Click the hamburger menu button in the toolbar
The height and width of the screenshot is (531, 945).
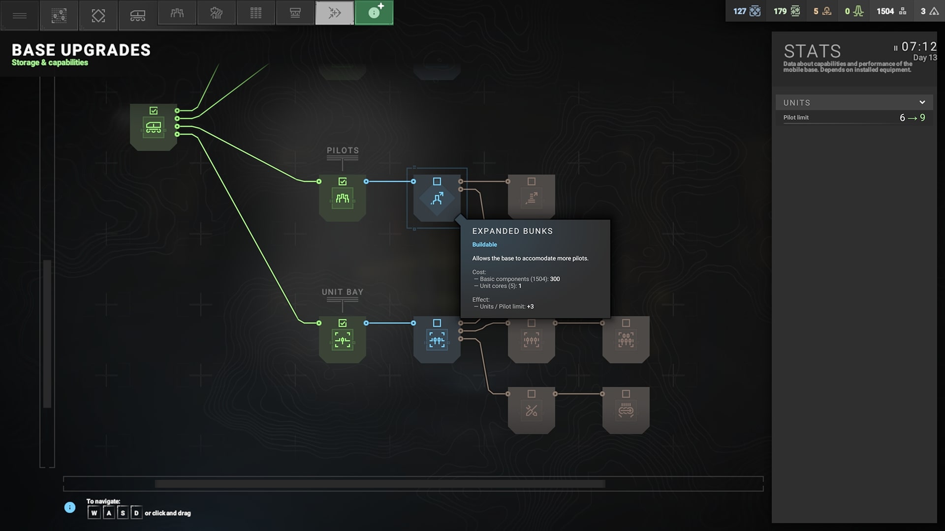[20, 15]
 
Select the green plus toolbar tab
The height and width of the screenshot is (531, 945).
[374, 12]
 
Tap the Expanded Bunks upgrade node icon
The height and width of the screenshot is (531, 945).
[437, 199]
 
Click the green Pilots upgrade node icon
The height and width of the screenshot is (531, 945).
[343, 199]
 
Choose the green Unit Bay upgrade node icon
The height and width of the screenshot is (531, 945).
[343, 340]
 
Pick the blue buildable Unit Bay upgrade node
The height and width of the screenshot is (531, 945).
[437, 340]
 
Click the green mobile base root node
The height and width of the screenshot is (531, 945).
[154, 127]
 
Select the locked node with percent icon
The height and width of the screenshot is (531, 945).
[532, 411]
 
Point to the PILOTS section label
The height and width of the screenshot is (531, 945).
[343, 150]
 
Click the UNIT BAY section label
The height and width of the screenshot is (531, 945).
[343, 292]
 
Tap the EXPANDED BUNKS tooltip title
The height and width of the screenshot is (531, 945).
[512, 231]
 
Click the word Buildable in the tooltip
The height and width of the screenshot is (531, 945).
[485, 244]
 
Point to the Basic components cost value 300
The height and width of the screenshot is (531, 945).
[555, 279]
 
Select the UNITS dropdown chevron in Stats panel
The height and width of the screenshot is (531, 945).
[922, 102]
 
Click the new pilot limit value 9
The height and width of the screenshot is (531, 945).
[922, 118]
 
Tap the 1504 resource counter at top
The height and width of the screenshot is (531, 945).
[885, 11]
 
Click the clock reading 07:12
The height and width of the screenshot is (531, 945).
[919, 47]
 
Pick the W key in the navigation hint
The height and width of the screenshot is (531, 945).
[94, 513]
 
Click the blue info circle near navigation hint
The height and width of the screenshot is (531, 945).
[70, 507]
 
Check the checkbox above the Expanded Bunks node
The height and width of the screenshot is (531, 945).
[437, 181]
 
